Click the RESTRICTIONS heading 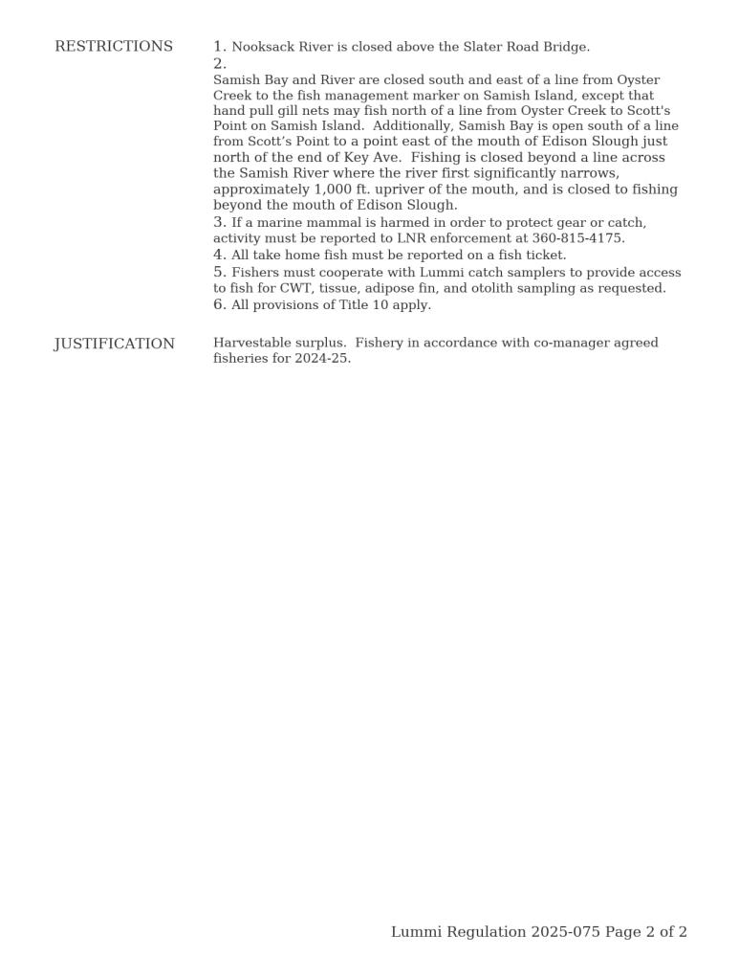point(114,47)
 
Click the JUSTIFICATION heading point(115,345)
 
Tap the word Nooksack point(264,48)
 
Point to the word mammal point(333,223)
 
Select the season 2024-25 point(323,359)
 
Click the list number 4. point(219,256)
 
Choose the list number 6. point(219,305)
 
